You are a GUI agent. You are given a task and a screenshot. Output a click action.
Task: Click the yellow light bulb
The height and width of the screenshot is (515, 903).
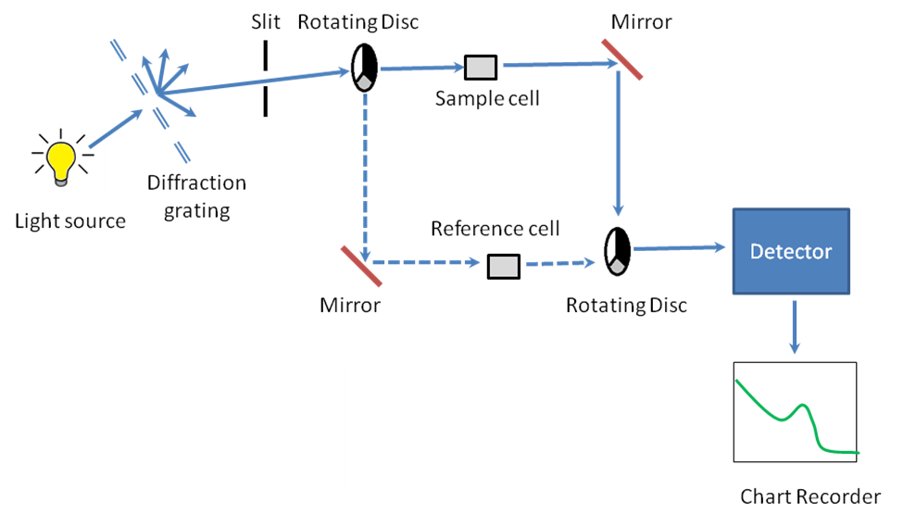pyautogui.click(x=62, y=160)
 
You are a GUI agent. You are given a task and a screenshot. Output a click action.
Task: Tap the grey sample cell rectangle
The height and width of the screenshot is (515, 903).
pyautogui.click(x=480, y=68)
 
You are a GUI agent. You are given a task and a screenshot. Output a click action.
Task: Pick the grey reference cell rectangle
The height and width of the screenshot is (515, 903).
pyautogui.click(x=504, y=267)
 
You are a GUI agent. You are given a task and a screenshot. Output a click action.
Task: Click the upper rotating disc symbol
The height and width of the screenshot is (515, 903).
pyautogui.click(x=364, y=68)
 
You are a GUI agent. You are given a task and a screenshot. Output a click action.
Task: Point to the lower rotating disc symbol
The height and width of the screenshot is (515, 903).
pyautogui.click(x=617, y=250)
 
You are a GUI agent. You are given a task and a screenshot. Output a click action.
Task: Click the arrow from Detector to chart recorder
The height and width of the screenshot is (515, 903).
pyautogui.click(x=794, y=326)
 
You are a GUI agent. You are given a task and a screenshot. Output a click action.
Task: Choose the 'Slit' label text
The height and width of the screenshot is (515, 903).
pyautogui.click(x=264, y=20)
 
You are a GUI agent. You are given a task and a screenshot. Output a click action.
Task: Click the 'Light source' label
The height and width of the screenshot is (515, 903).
pyautogui.click(x=69, y=221)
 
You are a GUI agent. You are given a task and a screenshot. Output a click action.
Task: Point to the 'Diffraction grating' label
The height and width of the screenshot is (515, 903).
pyautogui.click(x=196, y=196)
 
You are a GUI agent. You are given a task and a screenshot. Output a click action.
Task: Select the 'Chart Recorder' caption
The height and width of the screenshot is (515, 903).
pyautogui.click(x=809, y=497)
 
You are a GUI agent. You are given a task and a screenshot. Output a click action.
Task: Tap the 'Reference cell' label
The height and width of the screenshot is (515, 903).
pyautogui.click(x=495, y=229)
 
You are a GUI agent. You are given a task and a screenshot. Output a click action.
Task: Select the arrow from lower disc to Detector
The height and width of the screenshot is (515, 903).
pyautogui.click(x=676, y=248)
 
